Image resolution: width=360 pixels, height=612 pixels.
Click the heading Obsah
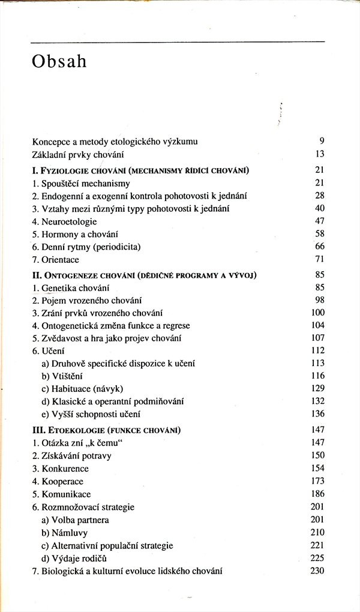pos(59,62)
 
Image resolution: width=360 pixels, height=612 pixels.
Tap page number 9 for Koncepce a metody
pos(322,142)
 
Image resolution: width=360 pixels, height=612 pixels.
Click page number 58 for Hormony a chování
pos(319,234)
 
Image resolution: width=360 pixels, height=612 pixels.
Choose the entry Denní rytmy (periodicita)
pos(87,247)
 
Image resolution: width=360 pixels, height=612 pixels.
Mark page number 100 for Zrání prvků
pos(317,313)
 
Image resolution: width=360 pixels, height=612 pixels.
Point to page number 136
pos(317,414)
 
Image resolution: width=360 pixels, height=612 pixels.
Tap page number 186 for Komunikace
pos(317,494)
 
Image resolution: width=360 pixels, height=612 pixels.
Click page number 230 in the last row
pos(317,571)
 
